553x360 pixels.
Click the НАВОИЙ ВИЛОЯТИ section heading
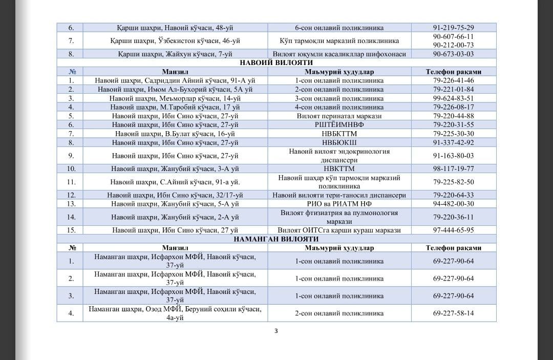pos(276,62)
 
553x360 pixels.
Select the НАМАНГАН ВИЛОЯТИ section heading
pos(276,239)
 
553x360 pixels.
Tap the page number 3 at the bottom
pos(276,330)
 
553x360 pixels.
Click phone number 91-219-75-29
pos(453,28)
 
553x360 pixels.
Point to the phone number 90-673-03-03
pos(453,54)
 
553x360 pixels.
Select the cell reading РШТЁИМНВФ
pos(339,124)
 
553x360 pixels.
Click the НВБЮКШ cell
pos(339,142)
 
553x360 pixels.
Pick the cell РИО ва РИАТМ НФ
pos(339,203)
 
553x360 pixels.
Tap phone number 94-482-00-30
pos(453,203)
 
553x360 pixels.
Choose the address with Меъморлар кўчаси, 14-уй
pos(175,98)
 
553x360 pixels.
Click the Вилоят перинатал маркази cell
pos(339,116)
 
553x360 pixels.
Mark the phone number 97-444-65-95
pos(453,230)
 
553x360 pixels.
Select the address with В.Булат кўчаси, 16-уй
pos(175,133)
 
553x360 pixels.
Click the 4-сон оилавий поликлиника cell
pos(339,107)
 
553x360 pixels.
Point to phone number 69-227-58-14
pos(453,313)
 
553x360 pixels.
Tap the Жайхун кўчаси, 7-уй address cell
pos(175,54)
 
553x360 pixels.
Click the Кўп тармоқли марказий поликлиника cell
pos(339,40)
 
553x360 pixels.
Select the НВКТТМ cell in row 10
pos(339,168)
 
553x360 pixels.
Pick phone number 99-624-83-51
pos(453,98)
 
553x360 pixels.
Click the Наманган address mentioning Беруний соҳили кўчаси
pos(175,313)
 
